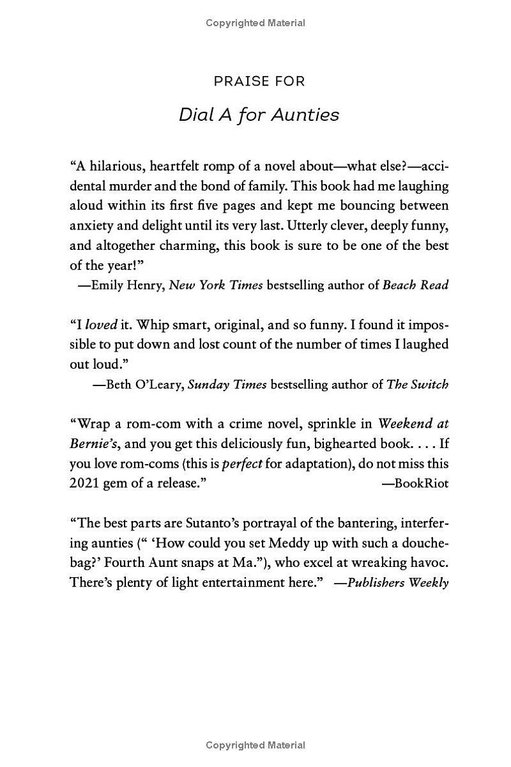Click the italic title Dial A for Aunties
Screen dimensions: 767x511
tap(259, 114)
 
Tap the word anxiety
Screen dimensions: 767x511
tap(91, 226)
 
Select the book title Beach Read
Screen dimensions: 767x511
tap(415, 285)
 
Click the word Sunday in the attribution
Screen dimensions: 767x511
tap(208, 384)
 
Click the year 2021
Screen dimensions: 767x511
tap(84, 483)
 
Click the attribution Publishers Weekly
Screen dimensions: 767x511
tap(397, 583)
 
